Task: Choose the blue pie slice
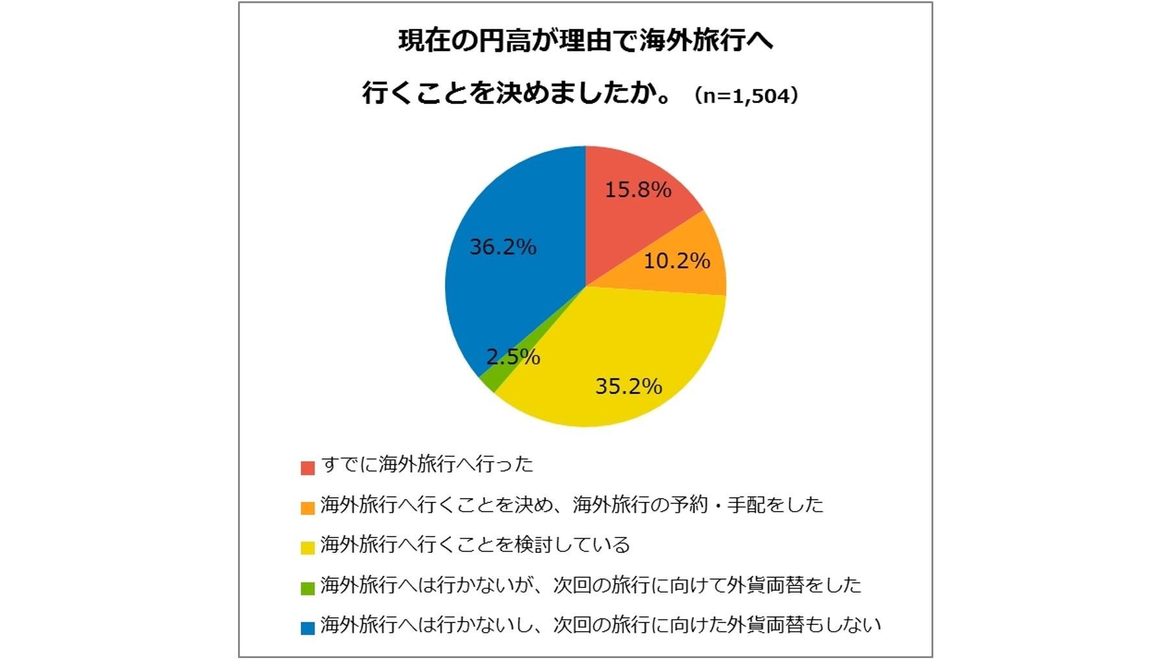click(x=512, y=279)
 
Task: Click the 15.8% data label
click(x=638, y=189)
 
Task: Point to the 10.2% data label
click(x=676, y=261)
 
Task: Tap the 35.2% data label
click(x=628, y=386)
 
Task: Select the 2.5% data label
click(x=513, y=357)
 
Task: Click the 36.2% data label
click(x=503, y=247)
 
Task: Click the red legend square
click(x=307, y=467)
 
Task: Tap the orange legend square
click(x=307, y=508)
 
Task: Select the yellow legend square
click(x=307, y=547)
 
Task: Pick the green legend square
click(x=307, y=588)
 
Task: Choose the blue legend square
click(x=307, y=628)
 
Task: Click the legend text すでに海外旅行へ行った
click(x=427, y=464)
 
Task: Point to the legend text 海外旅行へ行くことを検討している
click(x=475, y=545)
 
